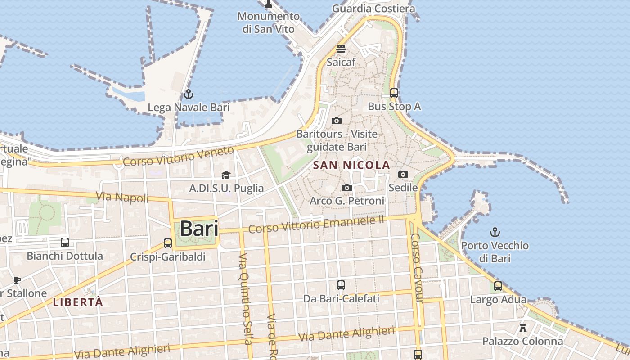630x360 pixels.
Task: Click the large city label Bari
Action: pyautogui.click(x=199, y=229)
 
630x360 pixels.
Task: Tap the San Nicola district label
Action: pyautogui.click(x=351, y=165)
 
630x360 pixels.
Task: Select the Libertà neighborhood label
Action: pyautogui.click(x=78, y=302)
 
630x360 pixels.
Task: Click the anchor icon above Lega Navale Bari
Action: pyautogui.click(x=189, y=94)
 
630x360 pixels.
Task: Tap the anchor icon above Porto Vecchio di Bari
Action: pyautogui.click(x=495, y=232)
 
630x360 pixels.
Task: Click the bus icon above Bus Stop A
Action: pyautogui.click(x=394, y=93)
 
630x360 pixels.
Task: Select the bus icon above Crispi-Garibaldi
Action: pyautogui.click(x=168, y=243)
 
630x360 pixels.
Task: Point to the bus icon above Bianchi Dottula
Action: pyautogui.click(x=65, y=243)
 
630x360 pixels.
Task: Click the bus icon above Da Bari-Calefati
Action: pyautogui.click(x=341, y=285)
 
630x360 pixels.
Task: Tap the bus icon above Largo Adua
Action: pyautogui.click(x=498, y=286)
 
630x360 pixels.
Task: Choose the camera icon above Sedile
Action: pyautogui.click(x=403, y=174)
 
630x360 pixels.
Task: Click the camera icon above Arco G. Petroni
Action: pyautogui.click(x=347, y=188)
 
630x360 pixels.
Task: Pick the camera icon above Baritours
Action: pyautogui.click(x=337, y=121)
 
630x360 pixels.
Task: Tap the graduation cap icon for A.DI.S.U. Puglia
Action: pyautogui.click(x=226, y=175)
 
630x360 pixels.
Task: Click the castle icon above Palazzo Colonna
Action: pyautogui.click(x=523, y=328)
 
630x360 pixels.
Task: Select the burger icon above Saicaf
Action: pyautogui.click(x=341, y=49)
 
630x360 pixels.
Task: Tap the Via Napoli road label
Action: pyautogui.click(x=122, y=197)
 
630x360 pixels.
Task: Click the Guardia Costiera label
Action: pyautogui.click(x=373, y=9)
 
